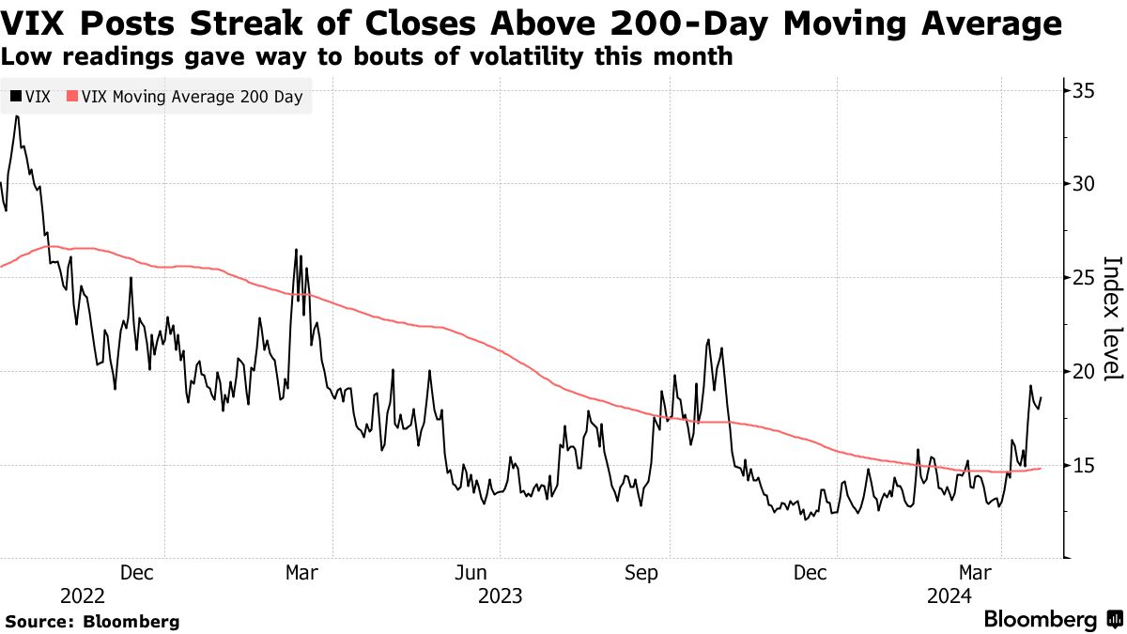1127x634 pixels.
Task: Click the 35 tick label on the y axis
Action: [1085, 90]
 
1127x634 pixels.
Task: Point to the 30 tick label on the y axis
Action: [1085, 183]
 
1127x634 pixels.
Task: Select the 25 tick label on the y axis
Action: [1085, 277]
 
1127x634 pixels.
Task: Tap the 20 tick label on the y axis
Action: [1085, 371]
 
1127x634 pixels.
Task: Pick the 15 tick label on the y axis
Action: [1085, 465]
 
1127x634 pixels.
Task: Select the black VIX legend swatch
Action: [13, 96]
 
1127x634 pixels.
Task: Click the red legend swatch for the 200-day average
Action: [71, 96]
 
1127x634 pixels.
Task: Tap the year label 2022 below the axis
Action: [83, 595]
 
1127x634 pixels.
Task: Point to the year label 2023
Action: [501, 595]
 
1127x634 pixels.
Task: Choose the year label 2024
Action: [949, 595]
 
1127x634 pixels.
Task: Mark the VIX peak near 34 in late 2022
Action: [16, 116]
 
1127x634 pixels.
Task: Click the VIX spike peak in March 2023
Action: [296, 250]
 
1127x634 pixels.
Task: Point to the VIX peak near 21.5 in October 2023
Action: [708, 340]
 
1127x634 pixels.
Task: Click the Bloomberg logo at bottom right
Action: [1052, 620]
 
